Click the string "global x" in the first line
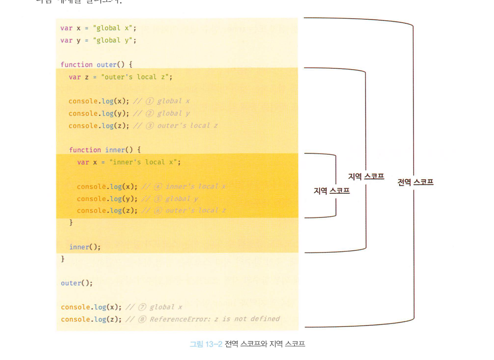click(x=114, y=28)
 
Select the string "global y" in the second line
click(x=114, y=40)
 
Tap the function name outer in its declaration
click(x=106, y=65)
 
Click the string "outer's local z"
click(x=137, y=77)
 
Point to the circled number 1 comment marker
click(x=150, y=101)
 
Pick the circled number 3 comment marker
click(x=150, y=126)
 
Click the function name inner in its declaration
click(x=115, y=150)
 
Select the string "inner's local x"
click(x=145, y=162)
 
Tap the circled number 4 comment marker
click(x=158, y=186)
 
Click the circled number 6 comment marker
click(x=158, y=211)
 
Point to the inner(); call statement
click(x=85, y=247)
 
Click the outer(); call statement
click(x=76, y=283)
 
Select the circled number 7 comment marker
click(x=142, y=307)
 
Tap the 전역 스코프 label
click(x=415, y=182)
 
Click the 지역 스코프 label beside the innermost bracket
click(x=331, y=191)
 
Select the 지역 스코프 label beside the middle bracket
click(x=366, y=176)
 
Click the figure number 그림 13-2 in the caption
click(x=206, y=344)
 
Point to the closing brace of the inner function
click(x=71, y=223)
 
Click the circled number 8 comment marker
click(x=142, y=319)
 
